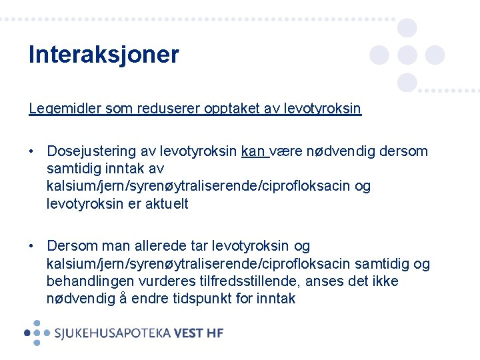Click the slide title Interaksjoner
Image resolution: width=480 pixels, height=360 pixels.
click(x=103, y=55)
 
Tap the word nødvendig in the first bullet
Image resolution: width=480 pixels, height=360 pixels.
click(x=337, y=151)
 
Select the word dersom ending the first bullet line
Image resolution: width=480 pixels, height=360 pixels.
click(x=406, y=151)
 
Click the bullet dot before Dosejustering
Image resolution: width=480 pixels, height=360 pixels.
click(x=32, y=152)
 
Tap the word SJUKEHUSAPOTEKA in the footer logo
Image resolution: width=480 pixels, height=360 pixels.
click(x=112, y=333)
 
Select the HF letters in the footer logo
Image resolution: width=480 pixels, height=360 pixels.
click(x=216, y=333)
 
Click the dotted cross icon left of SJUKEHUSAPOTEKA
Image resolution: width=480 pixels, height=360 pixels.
click(x=37, y=332)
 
